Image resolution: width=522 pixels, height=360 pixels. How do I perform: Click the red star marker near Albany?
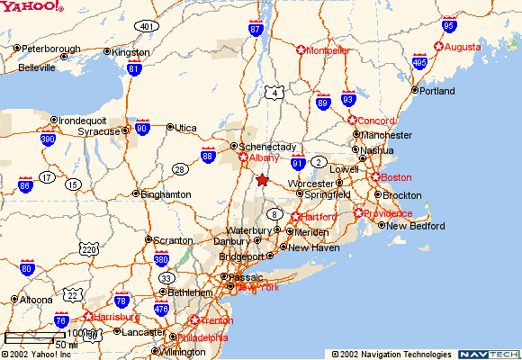tap(262, 180)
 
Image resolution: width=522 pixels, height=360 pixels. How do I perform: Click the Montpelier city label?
tap(328, 50)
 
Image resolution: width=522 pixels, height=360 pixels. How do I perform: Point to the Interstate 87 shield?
tap(256, 29)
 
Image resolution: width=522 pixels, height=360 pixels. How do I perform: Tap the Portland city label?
tap(436, 90)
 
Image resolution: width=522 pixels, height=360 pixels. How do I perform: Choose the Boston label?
tap(396, 177)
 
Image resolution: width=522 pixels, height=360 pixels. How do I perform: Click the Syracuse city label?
tap(97, 131)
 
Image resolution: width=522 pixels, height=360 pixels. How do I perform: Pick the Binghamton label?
tap(166, 193)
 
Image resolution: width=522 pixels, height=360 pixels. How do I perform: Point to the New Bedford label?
tap(416, 226)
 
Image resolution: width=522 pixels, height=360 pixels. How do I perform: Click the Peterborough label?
tap(50, 49)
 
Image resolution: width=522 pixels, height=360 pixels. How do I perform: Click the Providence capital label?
tap(388, 213)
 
